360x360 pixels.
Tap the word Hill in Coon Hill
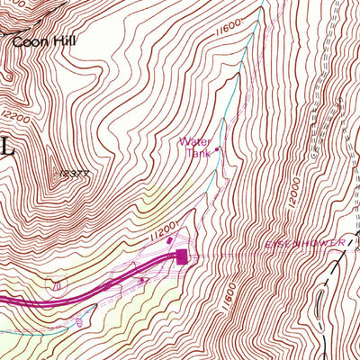pyautogui.click(x=63, y=40)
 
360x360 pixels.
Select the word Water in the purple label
pyautogui.click(x=193, y=141)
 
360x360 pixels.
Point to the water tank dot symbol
pyautogui.click(x=216, y=149)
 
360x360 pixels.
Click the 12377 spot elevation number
pyautogui.click(x=74, y=171)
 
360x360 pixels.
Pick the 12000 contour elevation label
pyautogui.click(x=291, y=191)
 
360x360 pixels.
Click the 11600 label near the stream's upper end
pyautogui.click(x=229, y=33)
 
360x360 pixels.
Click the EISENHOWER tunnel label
pyautogui.click(x=296, y=243)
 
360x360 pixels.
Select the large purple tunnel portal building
pyautogui.click(x=183, y=257)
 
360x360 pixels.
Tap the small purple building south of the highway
pyautogui.click(x=144, y=280)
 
